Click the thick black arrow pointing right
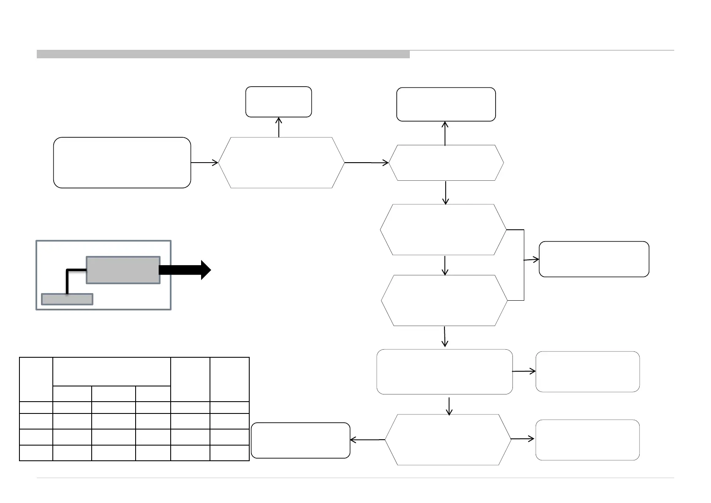tap(185, 269)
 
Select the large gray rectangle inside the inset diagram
tap(123, 270)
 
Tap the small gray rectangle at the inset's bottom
tap(67, 299)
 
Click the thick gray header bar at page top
tap(223, 54)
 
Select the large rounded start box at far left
tap(122, 162)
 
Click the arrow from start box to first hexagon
tap(204, 162)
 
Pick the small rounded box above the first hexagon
tap(278, 102)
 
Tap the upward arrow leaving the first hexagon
tap(279, 127)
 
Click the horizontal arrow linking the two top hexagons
tap(366, 163)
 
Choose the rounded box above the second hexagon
tap(446, 104)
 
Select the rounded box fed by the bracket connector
tap(594, 259)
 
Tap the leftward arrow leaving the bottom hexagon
tap(368, 440)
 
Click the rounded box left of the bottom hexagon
tap(300, 440)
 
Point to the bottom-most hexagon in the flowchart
tap(448, 440)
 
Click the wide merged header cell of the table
tap(112, 371)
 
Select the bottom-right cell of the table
tap(229, 452)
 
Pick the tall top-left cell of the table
tap(36, 379)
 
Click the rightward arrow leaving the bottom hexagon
tap(523, 439)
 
